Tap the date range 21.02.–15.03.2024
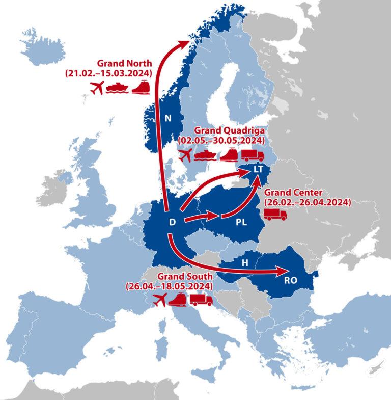pyautogui.click(x=108, y=74)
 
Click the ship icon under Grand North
pyautogui.click(x=118, y=88)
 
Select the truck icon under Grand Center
pyautogui.click(x=275, y=215)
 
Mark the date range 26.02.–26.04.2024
pyautogui.click(x=307, y=202)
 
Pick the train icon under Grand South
pyautogui.click(x=178, y=301)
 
